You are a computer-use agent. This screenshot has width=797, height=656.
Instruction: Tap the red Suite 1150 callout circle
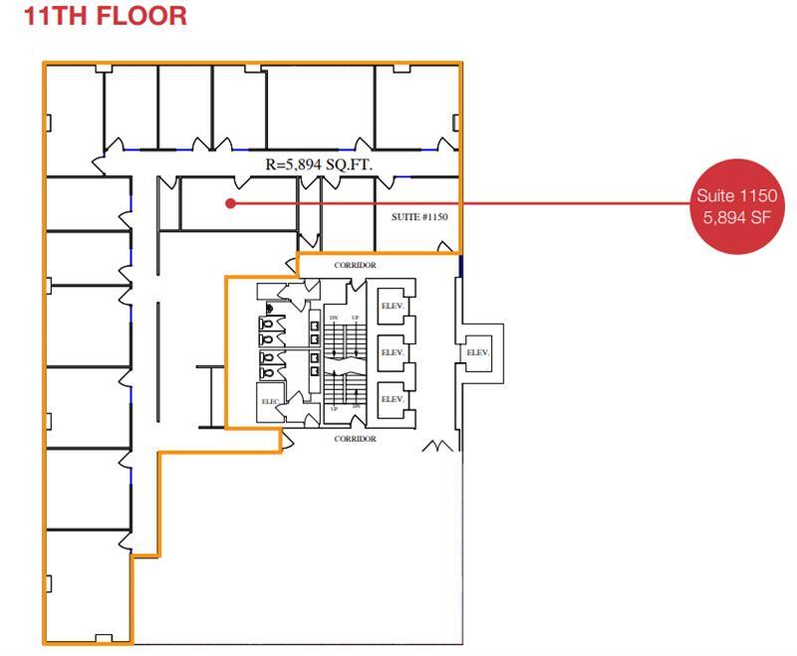737,205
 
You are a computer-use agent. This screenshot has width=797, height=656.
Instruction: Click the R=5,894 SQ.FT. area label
318,164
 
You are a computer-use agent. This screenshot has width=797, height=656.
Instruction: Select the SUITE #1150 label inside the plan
419,217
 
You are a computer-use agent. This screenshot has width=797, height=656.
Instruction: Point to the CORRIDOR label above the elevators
355,266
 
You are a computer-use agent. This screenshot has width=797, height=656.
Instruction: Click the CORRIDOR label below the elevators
355,439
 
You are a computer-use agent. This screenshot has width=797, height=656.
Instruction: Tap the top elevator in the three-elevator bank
392,307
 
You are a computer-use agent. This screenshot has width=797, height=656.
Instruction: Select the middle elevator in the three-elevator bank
392,353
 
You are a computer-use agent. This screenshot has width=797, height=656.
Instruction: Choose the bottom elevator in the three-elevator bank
392,399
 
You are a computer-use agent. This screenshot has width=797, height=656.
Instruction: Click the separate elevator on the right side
477,352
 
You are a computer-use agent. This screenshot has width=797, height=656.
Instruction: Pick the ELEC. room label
271,402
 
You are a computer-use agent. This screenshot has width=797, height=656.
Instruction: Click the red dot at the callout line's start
230,203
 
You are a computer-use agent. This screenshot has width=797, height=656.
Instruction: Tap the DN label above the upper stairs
334,317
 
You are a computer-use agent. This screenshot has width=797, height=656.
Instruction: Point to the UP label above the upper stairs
355,317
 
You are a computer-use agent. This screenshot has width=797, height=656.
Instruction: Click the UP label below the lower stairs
334,409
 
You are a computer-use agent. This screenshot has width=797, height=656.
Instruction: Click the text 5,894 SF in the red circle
737,217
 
